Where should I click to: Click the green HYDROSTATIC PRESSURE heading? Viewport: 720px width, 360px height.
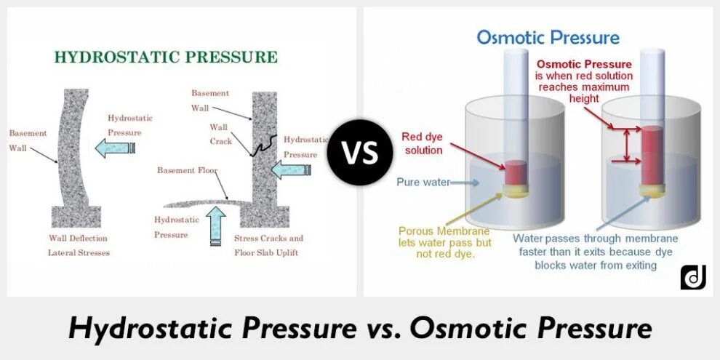click(x=166, y=57)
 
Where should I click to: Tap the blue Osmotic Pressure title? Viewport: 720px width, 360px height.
click(x=548, y=38)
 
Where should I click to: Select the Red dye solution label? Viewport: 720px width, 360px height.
click(x=422, y=143)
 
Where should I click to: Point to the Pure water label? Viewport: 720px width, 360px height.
click(x=423, y=182)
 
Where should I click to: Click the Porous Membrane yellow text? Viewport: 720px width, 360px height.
click(x=444, y=231)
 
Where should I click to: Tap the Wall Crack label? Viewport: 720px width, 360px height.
click(x=221, y=134)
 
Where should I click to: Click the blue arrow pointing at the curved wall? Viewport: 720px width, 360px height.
click(x=116, y=148)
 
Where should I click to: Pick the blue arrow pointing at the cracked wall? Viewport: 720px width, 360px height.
click(x=290, y=169)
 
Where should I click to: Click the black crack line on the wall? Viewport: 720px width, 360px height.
click(x=263, y=145)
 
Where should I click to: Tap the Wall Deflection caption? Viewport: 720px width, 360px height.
click(x=78, y=238)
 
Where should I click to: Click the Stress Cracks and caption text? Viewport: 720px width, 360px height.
click(x=268, y=238)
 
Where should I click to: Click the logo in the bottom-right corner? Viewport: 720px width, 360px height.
click(x=693, y=277)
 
